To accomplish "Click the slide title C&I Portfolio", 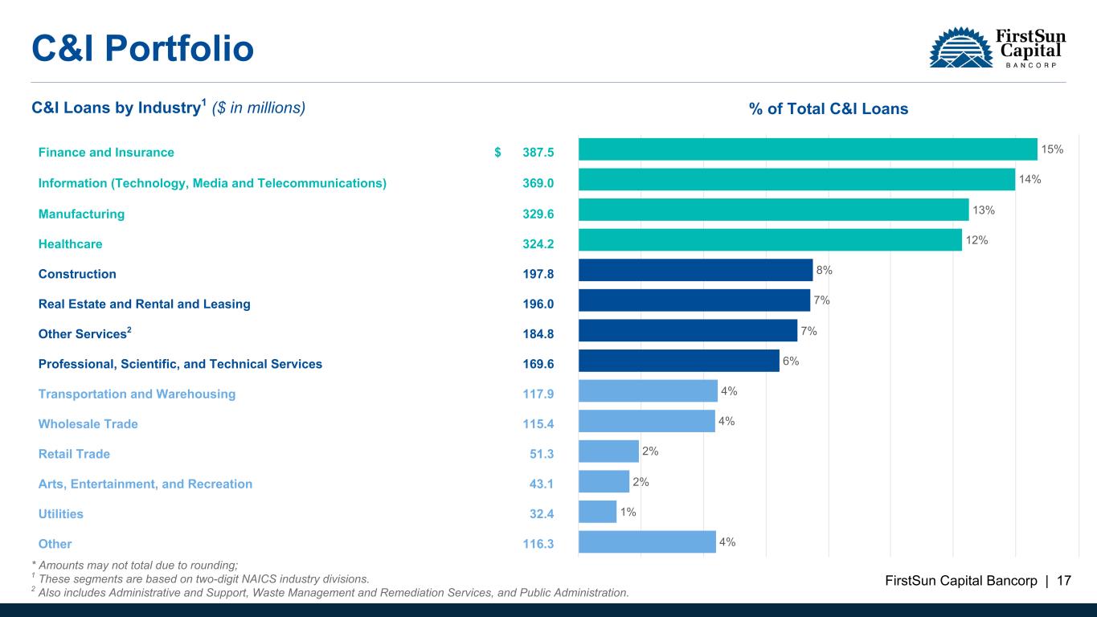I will (142, 49).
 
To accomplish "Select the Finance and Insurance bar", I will (808, 149).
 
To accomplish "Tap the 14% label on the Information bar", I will (1029, 180).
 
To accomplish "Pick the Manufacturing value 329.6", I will (538, 214).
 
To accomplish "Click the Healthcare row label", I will (71, 243).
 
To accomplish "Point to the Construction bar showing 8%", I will (695, 270).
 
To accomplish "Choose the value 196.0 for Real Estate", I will (538, 304).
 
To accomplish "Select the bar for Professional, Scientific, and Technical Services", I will (679, 361).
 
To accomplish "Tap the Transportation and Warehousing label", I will (137, 394).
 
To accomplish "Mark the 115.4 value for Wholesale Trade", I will (538, 423).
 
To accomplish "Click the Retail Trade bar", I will (608, 452).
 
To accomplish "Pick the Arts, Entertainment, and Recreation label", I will (145, 484).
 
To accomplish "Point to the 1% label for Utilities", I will (628, 511).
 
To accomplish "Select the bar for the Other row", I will (647, 541).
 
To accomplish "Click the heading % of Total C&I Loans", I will (829, 109).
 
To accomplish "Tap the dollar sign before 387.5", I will (498, 152).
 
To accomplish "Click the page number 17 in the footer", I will (1064, 581).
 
